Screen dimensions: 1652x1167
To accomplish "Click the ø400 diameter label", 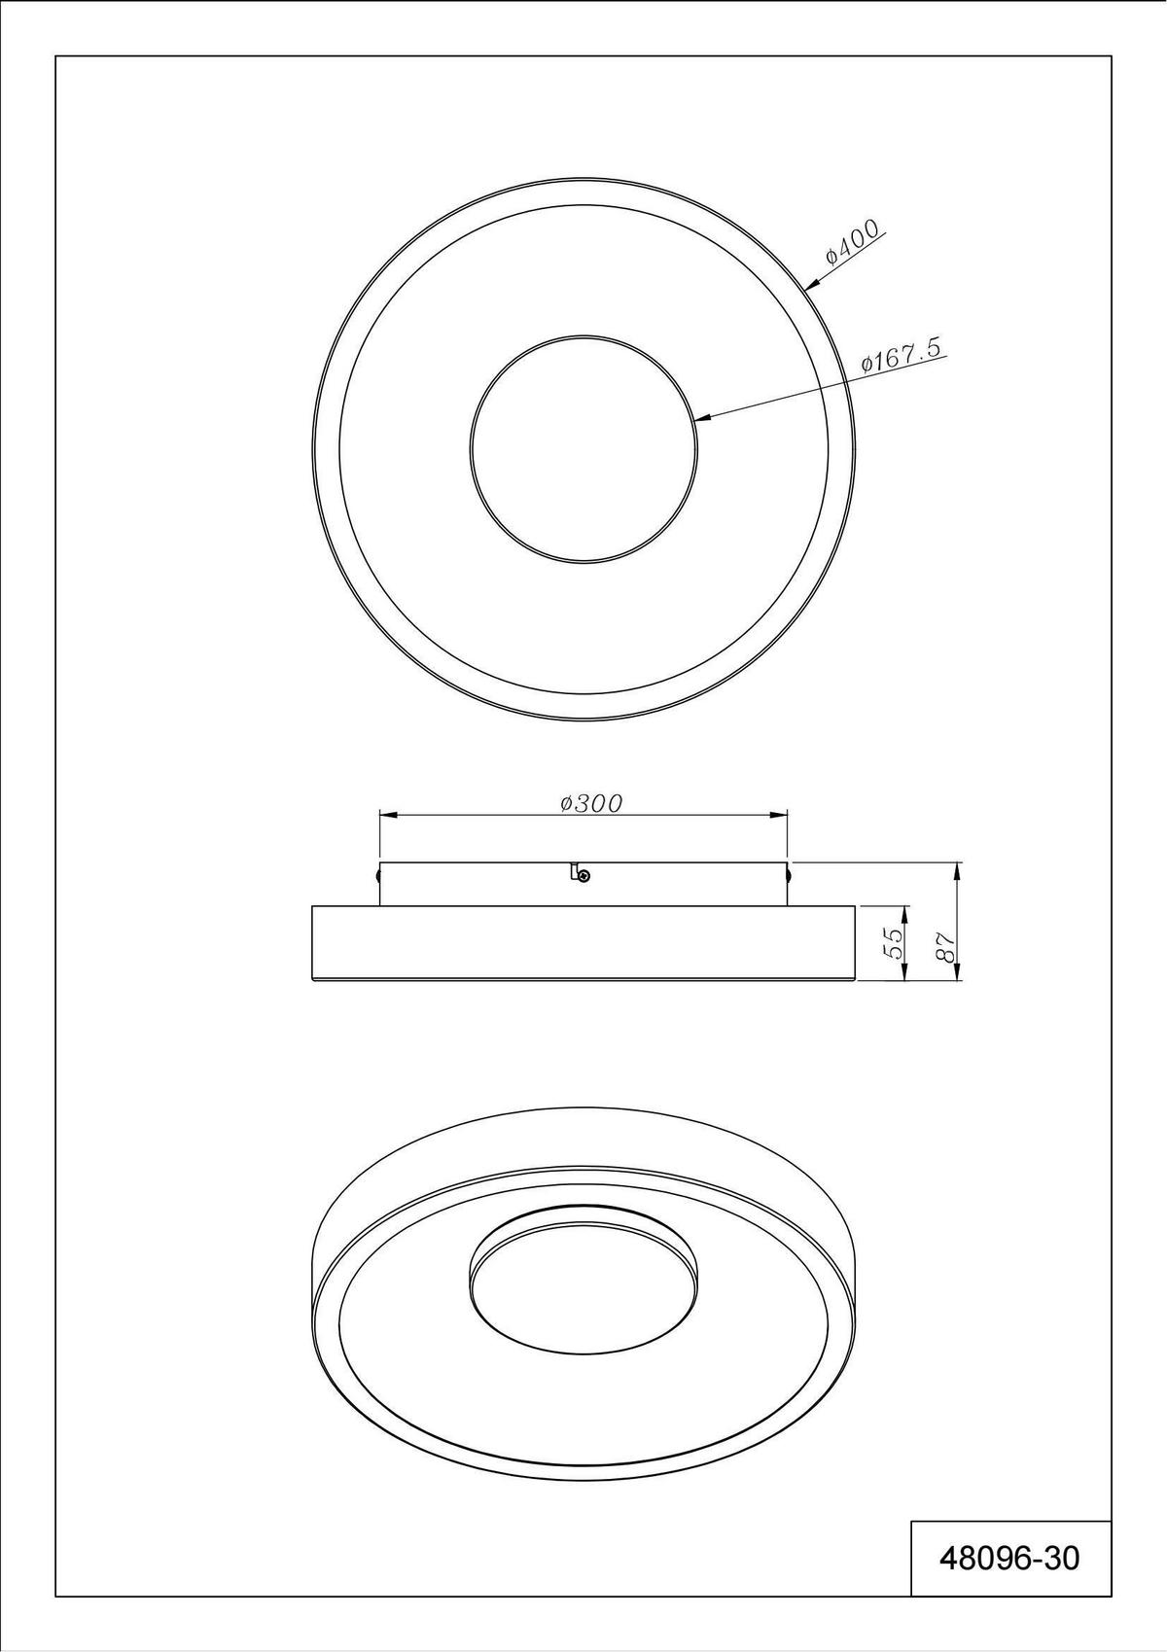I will [852, 242].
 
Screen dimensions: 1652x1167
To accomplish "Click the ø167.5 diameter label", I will [903, 355].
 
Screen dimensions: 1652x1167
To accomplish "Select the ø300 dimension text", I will [591, 802].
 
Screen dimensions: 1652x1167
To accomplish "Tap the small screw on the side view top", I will [583, 876].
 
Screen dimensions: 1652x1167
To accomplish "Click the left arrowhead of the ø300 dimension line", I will [386, 815].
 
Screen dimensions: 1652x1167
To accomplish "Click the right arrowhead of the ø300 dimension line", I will [781, 815].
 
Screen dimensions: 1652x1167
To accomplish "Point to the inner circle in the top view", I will [583, 449].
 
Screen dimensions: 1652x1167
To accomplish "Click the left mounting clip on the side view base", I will [377, 875].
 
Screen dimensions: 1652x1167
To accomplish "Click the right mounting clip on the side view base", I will [790, 875].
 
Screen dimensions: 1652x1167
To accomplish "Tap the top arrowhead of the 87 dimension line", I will [959, 868].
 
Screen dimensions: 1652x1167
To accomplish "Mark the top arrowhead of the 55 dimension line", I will [905, 913].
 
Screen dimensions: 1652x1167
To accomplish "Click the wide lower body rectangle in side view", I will [583, 944].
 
